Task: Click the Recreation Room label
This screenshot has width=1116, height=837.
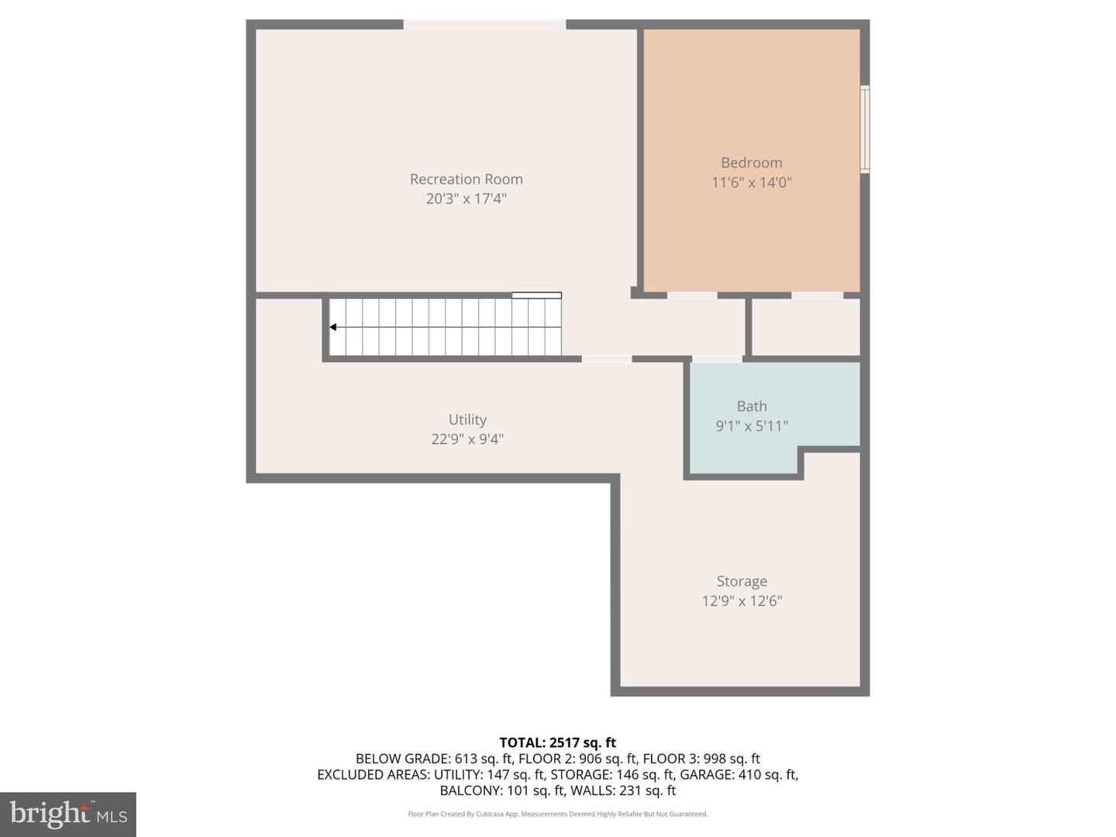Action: click(x=467, y=179)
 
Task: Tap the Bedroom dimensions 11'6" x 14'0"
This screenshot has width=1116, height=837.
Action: click(x=752, y=182)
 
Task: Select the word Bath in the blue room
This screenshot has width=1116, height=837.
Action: click(x=752, y=406)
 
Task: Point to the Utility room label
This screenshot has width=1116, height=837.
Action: click(x=467, y=419)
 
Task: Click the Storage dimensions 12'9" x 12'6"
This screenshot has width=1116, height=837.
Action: click(x=742, y=601)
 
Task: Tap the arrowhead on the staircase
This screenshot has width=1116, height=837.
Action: click(x=333, y=327)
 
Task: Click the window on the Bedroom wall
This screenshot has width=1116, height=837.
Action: click(x=865, y=129)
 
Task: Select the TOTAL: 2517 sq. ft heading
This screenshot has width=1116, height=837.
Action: click(x=558, y=742)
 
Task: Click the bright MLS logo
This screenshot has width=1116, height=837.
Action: click(x=68, y=814)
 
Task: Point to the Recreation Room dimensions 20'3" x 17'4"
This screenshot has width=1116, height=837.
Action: click(x=467, y=198)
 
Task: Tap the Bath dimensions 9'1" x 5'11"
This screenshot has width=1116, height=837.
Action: click(x=752, y=425)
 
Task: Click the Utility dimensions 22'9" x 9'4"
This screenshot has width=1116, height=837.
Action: click(x=467, y=439)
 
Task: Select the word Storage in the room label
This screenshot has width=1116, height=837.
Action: click(x=742, y=581)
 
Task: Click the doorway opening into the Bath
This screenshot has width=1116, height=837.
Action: click(x=717, y=359)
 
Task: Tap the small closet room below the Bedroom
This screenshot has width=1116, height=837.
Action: click(x=806, y=327)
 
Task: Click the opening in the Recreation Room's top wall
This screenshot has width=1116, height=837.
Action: click(x=484, y=24)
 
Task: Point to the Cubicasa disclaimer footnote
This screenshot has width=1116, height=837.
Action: click(x=558, y=814)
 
